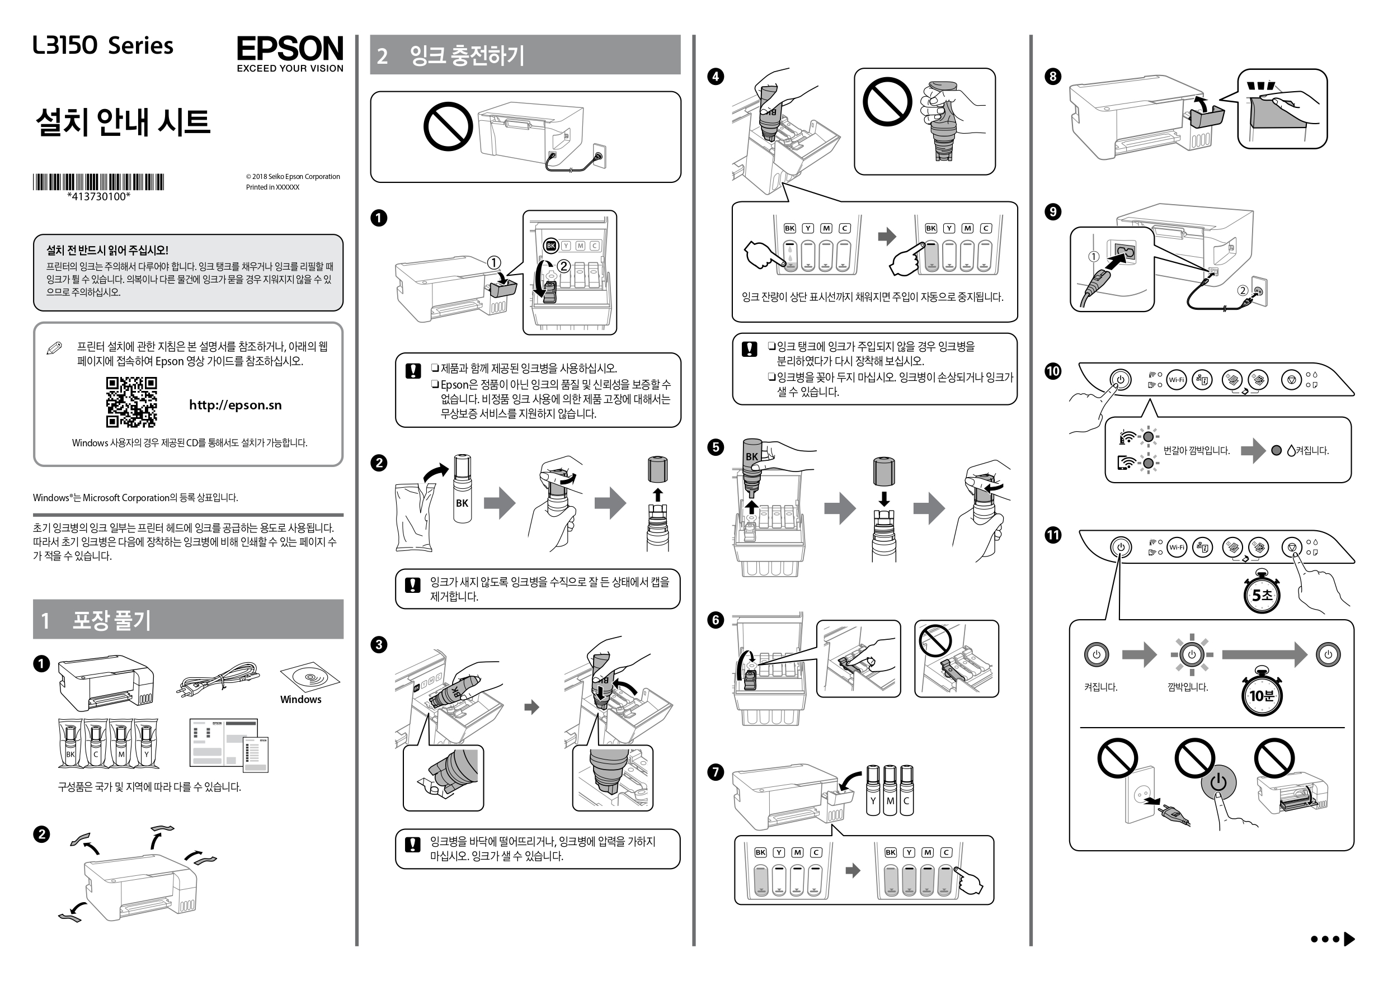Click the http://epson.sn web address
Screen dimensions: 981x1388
pos(235,405)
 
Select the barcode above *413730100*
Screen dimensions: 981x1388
pos(98,182)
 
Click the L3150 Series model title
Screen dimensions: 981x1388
pos(103,46)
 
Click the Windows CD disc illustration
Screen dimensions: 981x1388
pos(309,676)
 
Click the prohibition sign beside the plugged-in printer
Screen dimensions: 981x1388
pos(448,126)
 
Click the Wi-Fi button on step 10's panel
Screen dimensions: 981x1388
pos(1177,380)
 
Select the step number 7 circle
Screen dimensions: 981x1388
pos(716,772)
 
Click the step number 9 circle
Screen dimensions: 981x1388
pos(1052,211)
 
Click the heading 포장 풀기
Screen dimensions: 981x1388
pos(111,620)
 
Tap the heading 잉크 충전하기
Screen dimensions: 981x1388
pos(467,55)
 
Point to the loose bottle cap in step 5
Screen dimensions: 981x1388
pos(884,471)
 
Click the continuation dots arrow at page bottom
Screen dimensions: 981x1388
pos(1333,938)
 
